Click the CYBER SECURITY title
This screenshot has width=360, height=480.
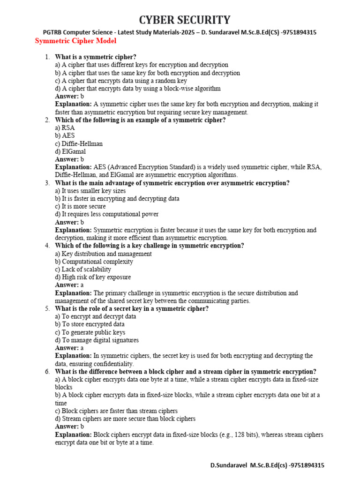click(184, 20)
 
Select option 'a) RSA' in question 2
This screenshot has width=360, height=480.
click(65, 127)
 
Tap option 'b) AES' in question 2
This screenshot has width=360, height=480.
click(65, 135)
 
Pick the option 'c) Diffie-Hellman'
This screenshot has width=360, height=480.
click(79, 143)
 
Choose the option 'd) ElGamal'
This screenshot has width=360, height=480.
click(70, 151)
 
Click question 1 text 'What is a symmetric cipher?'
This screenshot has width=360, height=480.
click(96, 57)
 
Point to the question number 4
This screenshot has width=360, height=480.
click(47, 246)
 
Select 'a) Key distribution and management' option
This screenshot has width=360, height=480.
click(103, 254)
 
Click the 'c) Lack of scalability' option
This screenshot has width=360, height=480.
click(83, 270)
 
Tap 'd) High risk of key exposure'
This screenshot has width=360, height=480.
click(93, 277)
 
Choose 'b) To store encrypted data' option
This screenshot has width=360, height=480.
click(90, 324)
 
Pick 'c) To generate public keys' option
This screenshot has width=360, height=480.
click(90, 332)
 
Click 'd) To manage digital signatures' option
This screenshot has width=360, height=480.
click(97, 340)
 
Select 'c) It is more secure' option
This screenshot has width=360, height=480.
click(80, 206)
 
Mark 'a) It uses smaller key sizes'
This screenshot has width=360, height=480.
click(90, 191)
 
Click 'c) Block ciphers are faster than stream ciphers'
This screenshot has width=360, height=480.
click(116, 411)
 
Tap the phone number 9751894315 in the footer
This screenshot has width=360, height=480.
click(307, 465)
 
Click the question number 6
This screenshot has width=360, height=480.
click(47, 372)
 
